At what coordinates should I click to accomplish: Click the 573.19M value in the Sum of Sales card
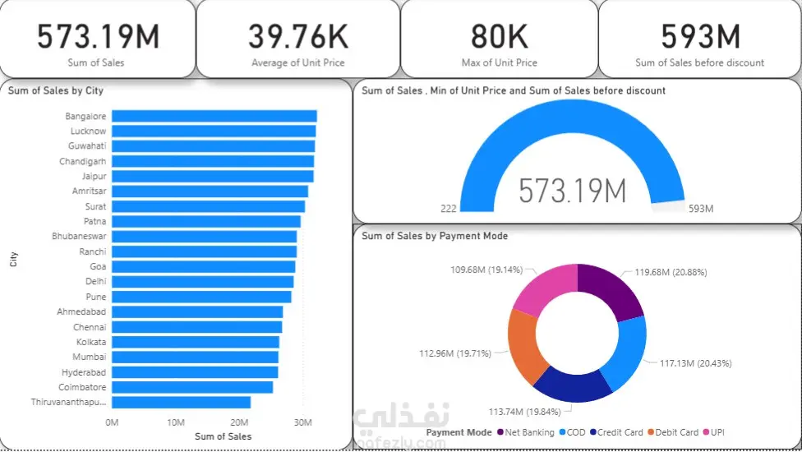[98, 37]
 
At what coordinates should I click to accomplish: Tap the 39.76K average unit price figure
[297, 37]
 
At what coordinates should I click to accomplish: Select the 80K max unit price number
[499, 37]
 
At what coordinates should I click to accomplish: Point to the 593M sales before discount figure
[700, 37]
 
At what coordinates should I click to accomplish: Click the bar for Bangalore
[214, 117]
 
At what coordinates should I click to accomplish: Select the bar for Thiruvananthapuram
[181, 402]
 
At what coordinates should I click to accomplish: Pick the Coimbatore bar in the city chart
[191, 387]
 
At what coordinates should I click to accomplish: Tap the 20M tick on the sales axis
[239, 422]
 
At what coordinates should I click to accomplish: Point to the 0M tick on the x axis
[112, 422]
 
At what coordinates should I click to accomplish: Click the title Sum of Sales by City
[56, 90]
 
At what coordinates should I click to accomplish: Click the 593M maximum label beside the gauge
[700, 210]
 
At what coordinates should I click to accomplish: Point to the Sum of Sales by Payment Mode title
[435, 236]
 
